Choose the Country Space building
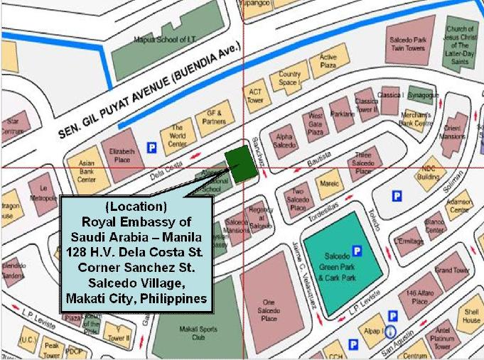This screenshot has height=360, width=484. click(289, 77)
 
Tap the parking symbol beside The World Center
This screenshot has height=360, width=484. click(151, 148)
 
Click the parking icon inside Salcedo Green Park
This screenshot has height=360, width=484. click(357, 250)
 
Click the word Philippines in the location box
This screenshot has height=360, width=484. click(171, 297)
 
